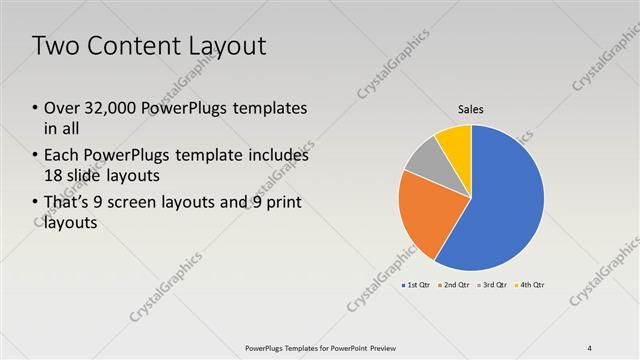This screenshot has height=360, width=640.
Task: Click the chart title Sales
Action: click(471, 109)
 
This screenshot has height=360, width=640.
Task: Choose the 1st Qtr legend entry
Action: click(417, 286)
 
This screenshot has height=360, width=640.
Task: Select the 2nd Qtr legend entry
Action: click(457, 286)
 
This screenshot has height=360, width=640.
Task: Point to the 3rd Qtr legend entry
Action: click(496, 286)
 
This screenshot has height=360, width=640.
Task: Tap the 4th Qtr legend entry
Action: click(531, 286)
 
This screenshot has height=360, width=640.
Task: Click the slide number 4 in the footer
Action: click(590, 348)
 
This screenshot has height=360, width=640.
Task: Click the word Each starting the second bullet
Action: click(63, 156)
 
